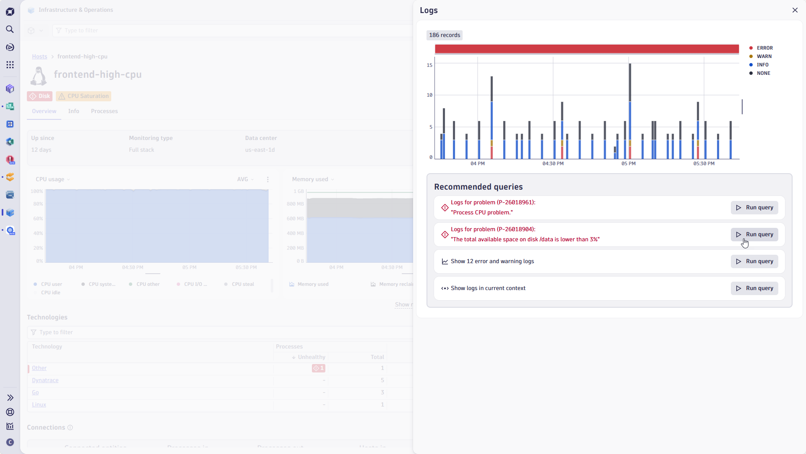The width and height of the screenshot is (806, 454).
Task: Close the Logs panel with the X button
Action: (x=795, y=10)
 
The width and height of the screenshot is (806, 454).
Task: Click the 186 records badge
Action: (x=445, y=35)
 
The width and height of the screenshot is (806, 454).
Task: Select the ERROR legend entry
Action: (x=764, y=48)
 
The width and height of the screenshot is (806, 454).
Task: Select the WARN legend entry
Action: (x=764, y=56)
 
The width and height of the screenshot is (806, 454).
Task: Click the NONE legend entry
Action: (x=763, y=73)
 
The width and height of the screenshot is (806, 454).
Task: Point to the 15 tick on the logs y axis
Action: (x=429, y=65)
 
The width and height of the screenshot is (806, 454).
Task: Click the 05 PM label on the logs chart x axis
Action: (x=628, y=164)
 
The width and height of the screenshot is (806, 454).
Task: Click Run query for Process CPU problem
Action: (x=754, y=208)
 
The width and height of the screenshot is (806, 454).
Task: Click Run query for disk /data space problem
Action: (x=754, y=235)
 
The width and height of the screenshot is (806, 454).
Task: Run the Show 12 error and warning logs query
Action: (x=754, y=261)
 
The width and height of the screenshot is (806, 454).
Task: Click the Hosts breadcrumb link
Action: (x=39, y=57)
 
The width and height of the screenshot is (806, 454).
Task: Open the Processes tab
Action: (x=104, y=111)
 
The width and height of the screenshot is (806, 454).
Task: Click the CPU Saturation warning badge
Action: (x=84, y=96)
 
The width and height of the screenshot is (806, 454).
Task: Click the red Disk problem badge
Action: (x=40, y=96)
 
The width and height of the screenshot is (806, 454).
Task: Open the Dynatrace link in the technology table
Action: (x=45, y=380)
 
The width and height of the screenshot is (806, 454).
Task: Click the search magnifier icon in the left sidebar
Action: (x=10, y=29)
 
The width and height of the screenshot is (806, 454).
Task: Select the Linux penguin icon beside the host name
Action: (x=39, y=76)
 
